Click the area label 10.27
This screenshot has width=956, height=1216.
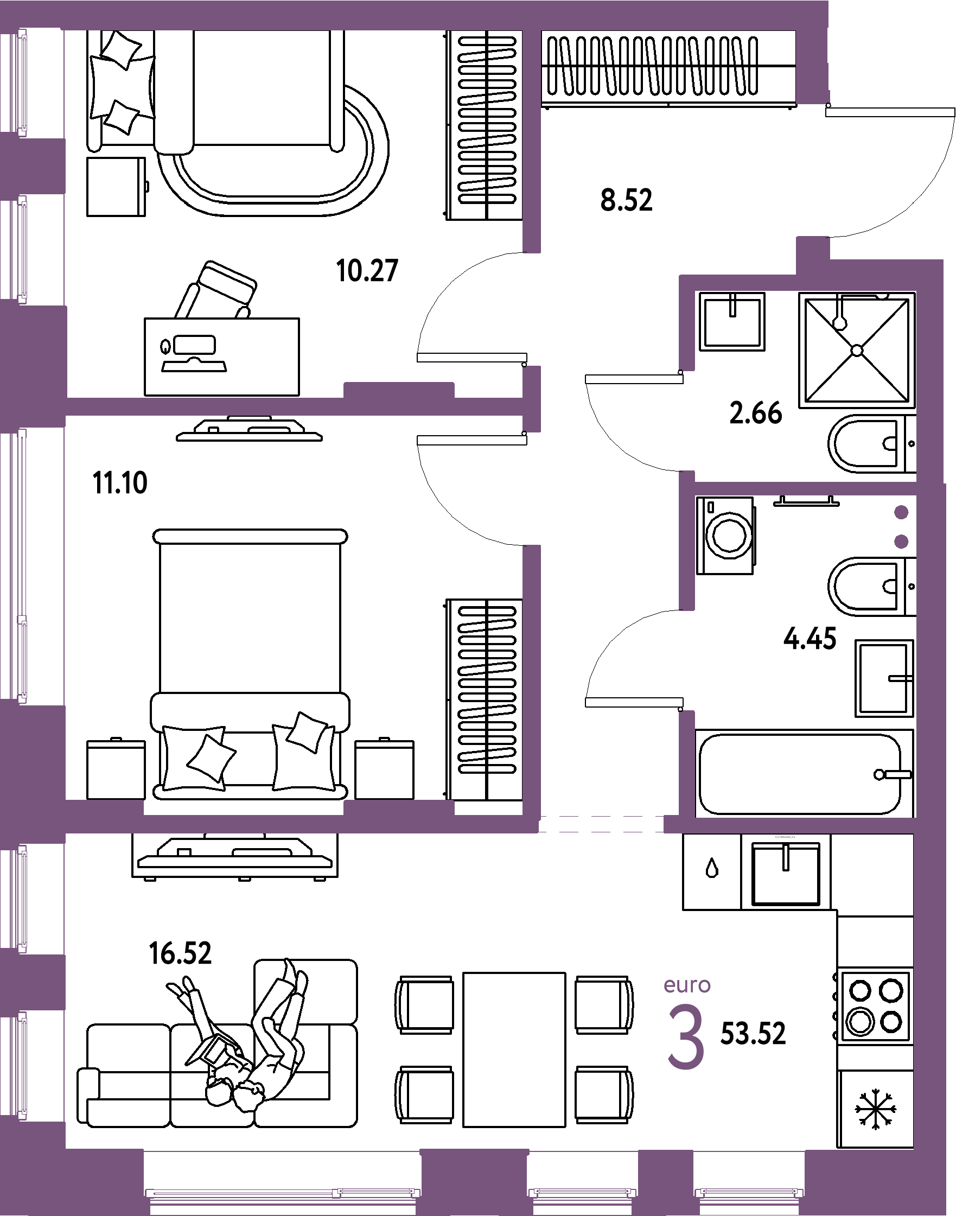(x=367, y=270)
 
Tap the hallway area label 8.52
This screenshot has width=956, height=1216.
(x=626, y=200)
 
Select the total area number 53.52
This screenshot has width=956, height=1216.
(x=753, y=1034)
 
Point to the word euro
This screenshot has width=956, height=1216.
(x=687, y=985)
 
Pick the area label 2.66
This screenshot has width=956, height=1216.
(x=756, y=413)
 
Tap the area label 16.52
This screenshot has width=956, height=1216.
(x=180, y=953)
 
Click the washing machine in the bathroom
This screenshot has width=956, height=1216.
(x=726, y=535)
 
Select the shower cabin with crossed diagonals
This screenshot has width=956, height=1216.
(x=856, y=350)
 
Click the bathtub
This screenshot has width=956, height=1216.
(x=804, y=774)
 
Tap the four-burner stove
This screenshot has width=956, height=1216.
(x=875, y=1006)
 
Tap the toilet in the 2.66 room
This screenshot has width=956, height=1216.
(x=871, y=444)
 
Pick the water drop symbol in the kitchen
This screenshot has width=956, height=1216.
(x=712, y=868)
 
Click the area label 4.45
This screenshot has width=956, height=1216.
(x=810, y=638)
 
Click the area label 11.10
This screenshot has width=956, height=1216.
(x=120, y=482)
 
